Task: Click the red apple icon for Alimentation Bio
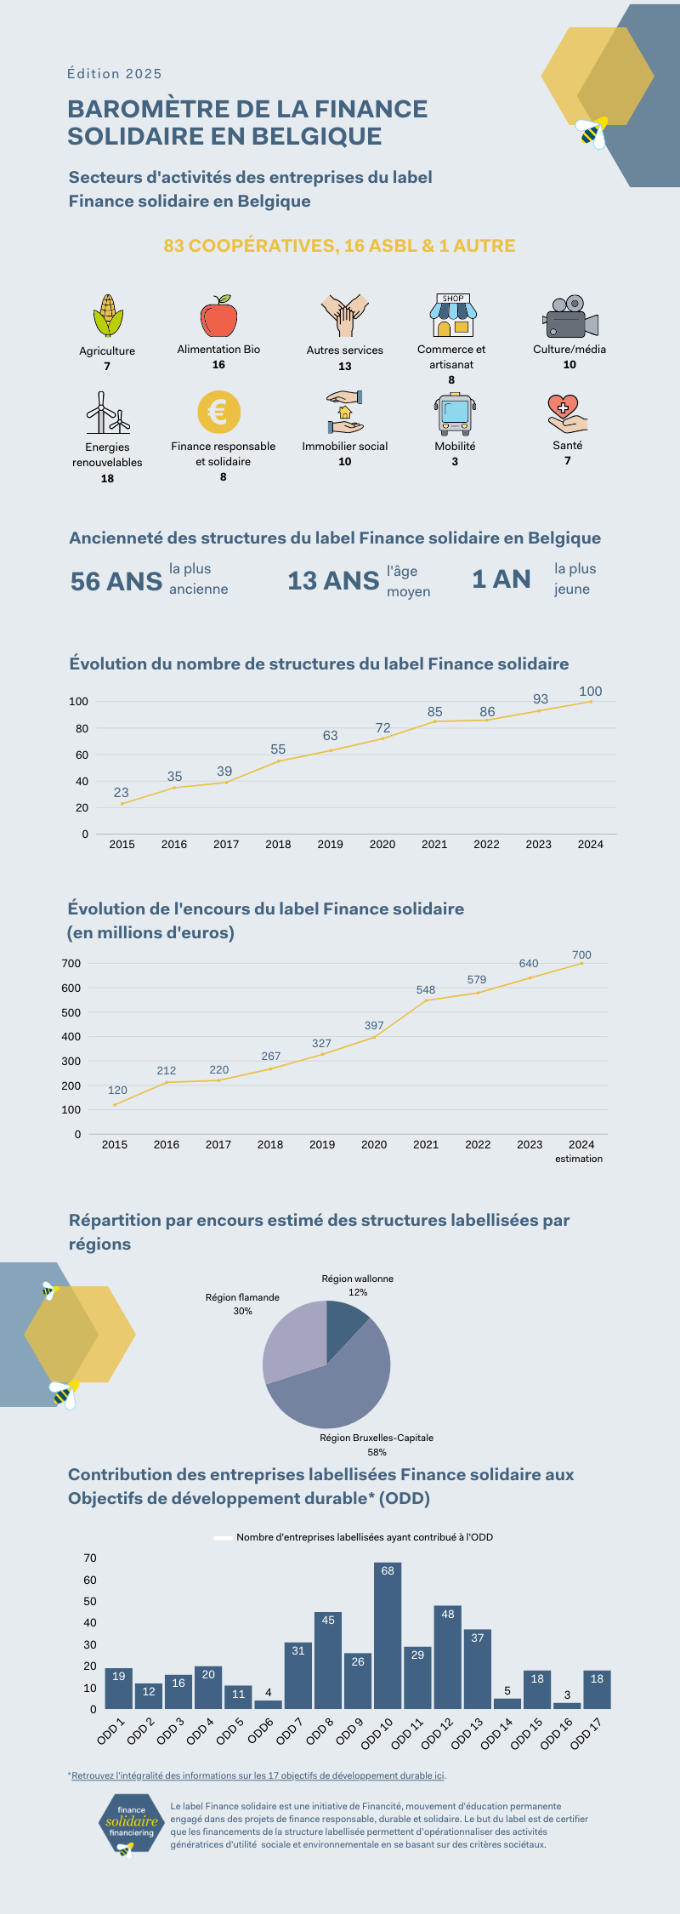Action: pos(218,316)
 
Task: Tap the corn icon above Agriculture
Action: pos(108,316)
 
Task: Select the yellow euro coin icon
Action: pos(218,413)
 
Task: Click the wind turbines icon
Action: pos(108,413)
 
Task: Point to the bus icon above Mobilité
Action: pos(455,414)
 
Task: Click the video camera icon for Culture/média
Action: pos(569,317)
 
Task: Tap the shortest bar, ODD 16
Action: pos(567,1706)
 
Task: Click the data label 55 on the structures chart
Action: pos(278,749)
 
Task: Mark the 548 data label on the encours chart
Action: pos(426,990)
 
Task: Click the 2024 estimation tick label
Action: pos(581,1151)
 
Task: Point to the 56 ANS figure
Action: pos(116,581)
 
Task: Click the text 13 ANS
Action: pos(333,580)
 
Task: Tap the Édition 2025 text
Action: pos(115,74)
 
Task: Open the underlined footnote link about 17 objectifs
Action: pos(258,1775)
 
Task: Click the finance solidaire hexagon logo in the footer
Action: pos(132,1824)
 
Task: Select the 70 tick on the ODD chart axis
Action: pos(90,1558)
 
